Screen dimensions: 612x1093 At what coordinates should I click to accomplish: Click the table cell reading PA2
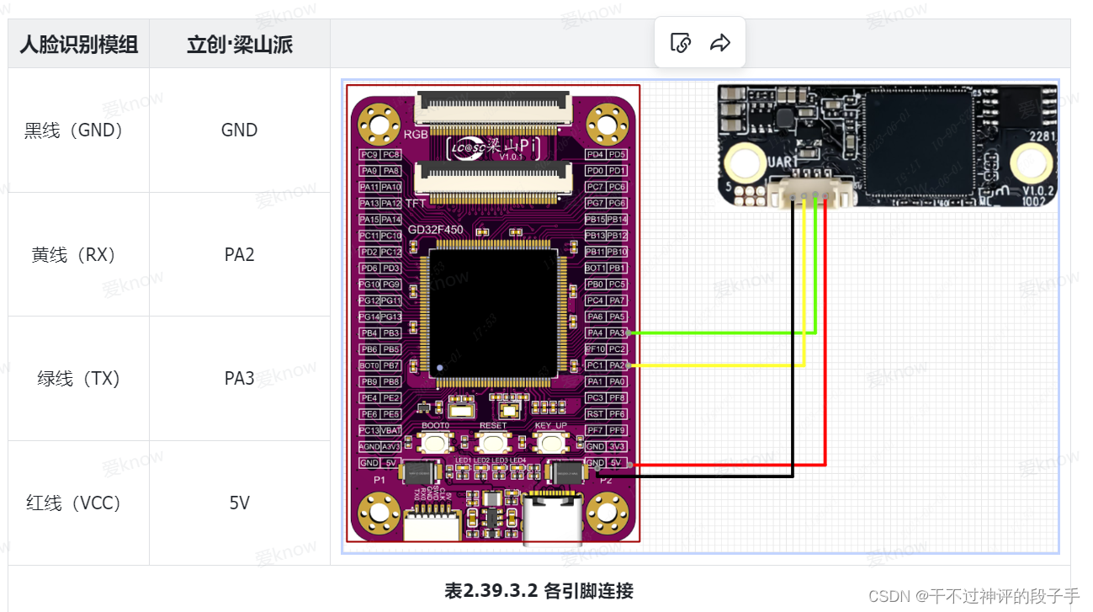tap(239, 254)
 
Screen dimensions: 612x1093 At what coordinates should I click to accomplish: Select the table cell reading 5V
tap(239, 503)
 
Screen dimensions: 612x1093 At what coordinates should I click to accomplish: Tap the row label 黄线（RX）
tap(74, 254)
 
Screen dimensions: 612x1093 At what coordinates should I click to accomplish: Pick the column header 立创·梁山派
tap(240, 45)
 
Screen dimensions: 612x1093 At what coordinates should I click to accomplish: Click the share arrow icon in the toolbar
tap(720, 43)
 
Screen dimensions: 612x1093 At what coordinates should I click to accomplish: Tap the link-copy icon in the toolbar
tap(681, 43)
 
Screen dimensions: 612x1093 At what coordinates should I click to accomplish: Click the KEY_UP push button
tap(550, 442)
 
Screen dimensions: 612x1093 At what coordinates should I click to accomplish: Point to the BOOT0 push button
tap(435, 442)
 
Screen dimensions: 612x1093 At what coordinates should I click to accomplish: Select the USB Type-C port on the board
tap(552, 519)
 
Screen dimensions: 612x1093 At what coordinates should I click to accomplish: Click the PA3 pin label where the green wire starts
tap(617, 333)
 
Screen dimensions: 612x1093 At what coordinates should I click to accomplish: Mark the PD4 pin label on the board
tap(596, 155)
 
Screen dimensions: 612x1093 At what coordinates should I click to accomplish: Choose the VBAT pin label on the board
tap(391, 430)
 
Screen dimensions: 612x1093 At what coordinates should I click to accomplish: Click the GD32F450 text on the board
tap(435, 230)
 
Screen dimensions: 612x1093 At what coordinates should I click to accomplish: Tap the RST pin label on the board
tap(596, 414)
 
